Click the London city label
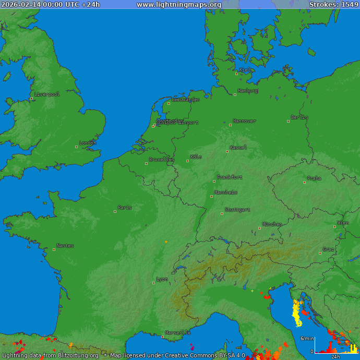point(88,143)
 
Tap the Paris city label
point(125,208)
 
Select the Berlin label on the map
point(299,117)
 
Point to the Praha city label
point(314,178)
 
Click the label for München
point(272,224)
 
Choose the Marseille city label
point(177,332)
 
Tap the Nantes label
point(65,246)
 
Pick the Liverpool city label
point(47,94)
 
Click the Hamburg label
point(248,91)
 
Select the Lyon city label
point(162,279)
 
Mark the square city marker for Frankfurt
point(214,181)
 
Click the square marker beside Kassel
point(227,151)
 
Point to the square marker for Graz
point(320,253)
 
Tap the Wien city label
point(343,223)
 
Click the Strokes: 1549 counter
point(334,5)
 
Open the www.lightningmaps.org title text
point(179,5)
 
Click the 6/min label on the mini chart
point(307,339)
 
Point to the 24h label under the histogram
point(335,357)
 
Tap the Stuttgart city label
point(237,210)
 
